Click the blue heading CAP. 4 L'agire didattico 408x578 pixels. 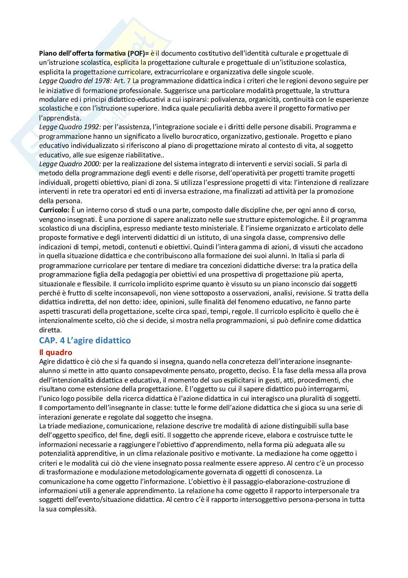[x=85, y=340]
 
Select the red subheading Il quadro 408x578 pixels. [x=56, y=352]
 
